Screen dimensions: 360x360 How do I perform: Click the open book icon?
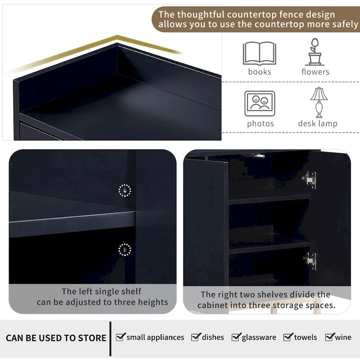[260, 53]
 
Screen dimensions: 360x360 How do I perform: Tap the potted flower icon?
[315, 52]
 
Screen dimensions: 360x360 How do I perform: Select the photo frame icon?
[260, 103]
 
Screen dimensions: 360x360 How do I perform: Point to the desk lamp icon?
[319, 103]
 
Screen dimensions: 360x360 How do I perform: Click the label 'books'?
[260, 72]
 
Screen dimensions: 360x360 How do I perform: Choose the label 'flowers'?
[315, 72]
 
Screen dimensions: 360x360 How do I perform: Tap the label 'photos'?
[261, 124]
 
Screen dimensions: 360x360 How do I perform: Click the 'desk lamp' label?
[318, 123]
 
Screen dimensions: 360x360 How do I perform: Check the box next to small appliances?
[121, 337]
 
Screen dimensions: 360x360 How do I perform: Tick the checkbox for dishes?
[196, 337]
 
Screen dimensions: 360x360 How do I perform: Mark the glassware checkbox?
[236, 337]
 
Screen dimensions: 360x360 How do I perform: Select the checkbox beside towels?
[288, 337]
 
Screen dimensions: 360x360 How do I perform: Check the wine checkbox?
[330, 337]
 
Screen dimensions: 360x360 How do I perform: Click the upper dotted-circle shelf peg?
[125, 190]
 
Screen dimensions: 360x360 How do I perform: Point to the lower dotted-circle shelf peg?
[125, 250]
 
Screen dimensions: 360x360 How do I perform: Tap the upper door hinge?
[310, 180]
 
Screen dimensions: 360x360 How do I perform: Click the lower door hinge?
[310, 261]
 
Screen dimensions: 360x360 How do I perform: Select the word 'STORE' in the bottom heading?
[92, 338]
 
